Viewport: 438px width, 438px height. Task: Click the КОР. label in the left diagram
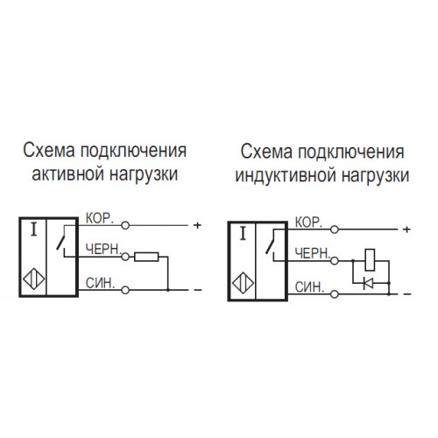tap(100, 218)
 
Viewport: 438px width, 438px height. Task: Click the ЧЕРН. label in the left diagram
tap(103, 249)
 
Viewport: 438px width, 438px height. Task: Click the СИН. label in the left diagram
tap(100, 283)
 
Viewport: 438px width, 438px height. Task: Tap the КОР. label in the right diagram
tap(308, 223)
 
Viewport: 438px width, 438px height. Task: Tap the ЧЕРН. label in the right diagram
tap(313, 253)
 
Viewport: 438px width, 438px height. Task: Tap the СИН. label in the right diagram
tap(309, 287)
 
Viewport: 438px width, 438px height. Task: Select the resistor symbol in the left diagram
tap(146, 257)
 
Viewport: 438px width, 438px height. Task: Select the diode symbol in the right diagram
tap(368, 283)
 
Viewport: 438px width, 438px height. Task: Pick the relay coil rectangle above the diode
tap(370, 259)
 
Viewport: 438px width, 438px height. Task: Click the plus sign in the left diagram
tap(197, 225)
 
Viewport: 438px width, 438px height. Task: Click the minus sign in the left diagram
tap(198, 290)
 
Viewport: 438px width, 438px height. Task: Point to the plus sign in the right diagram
tap(406, 230)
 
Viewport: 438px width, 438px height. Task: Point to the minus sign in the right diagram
tap(407, 294)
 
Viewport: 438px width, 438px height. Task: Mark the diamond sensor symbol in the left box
tap(34, 279)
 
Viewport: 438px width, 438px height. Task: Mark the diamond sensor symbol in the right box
tap(243, 283)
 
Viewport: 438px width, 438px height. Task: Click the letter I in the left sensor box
tap(34, 230)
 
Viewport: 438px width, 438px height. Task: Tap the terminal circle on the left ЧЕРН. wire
tap(125, 257)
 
